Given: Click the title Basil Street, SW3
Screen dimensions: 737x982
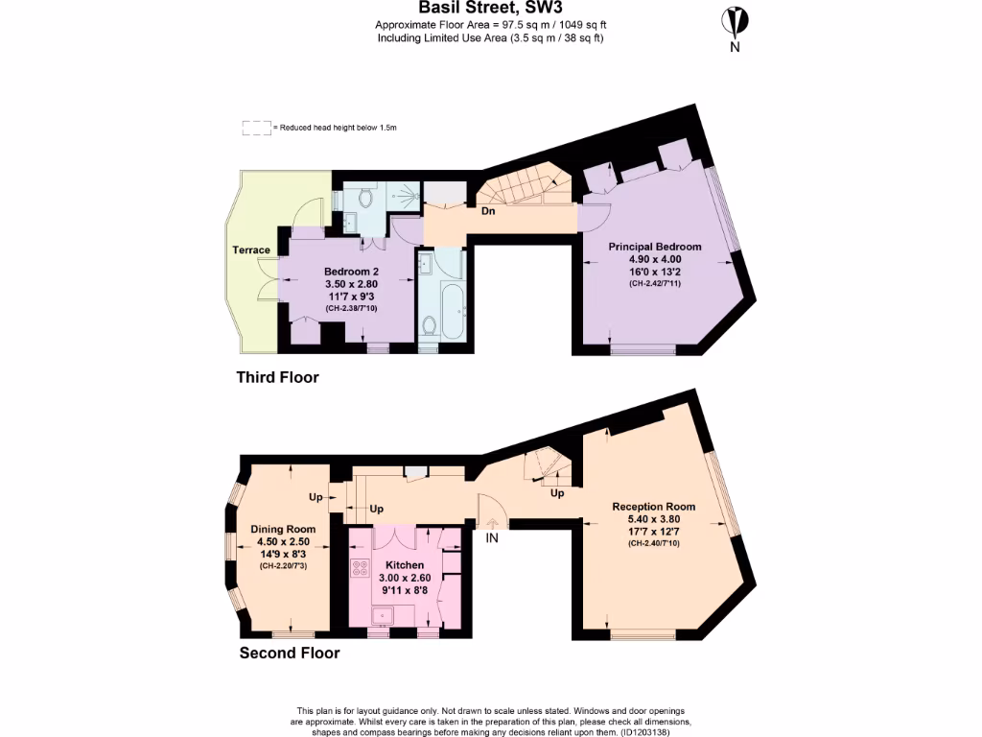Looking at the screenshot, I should click(490, 9).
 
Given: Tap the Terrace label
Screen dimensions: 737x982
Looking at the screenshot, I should click(251, 250).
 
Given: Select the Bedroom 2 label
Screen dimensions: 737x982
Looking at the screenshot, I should click(351, 272).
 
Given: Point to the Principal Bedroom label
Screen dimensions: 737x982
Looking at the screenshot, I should click(655, 247).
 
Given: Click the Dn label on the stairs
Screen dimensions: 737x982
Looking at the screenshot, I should click(488, 211).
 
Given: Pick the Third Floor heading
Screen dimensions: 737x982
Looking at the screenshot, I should click(277, 377).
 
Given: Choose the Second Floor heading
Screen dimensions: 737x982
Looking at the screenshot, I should click(289, 654).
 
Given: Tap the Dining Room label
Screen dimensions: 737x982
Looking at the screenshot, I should click(283, 529).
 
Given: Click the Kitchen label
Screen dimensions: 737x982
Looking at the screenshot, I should click(404, 566).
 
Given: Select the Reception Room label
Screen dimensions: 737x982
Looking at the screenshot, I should click(654, 507).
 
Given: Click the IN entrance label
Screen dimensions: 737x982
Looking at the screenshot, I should click(492, 539).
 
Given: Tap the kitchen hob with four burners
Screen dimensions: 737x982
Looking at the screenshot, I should click(362, 567).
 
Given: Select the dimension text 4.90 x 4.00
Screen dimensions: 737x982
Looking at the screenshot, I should click(655, 259).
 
